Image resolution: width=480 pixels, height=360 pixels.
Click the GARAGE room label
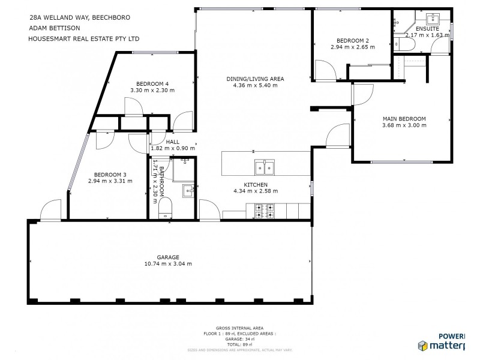point(168,257)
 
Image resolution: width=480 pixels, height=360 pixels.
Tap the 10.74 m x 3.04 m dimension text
point(168,263)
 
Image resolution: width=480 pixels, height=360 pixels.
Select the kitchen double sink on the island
point(265,166)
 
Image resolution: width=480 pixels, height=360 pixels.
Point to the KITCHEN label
point(255,184)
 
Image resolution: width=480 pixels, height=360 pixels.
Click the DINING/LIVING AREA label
point(255,79)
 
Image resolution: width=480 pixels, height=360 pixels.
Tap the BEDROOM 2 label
point(352,40)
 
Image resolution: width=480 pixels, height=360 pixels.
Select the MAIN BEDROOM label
point(404,118)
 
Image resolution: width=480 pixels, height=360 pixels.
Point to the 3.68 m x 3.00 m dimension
point(404,125)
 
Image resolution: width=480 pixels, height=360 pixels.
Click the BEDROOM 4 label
point(152,83)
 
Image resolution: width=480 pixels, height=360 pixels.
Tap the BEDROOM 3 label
point(110,173)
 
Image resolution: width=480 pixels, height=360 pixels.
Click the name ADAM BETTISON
point(55,28)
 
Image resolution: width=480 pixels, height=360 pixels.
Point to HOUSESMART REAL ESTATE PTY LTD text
point(84,38)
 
